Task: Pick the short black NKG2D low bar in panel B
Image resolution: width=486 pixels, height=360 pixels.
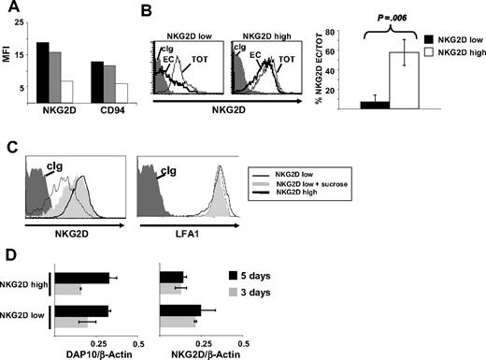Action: [348, 106]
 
